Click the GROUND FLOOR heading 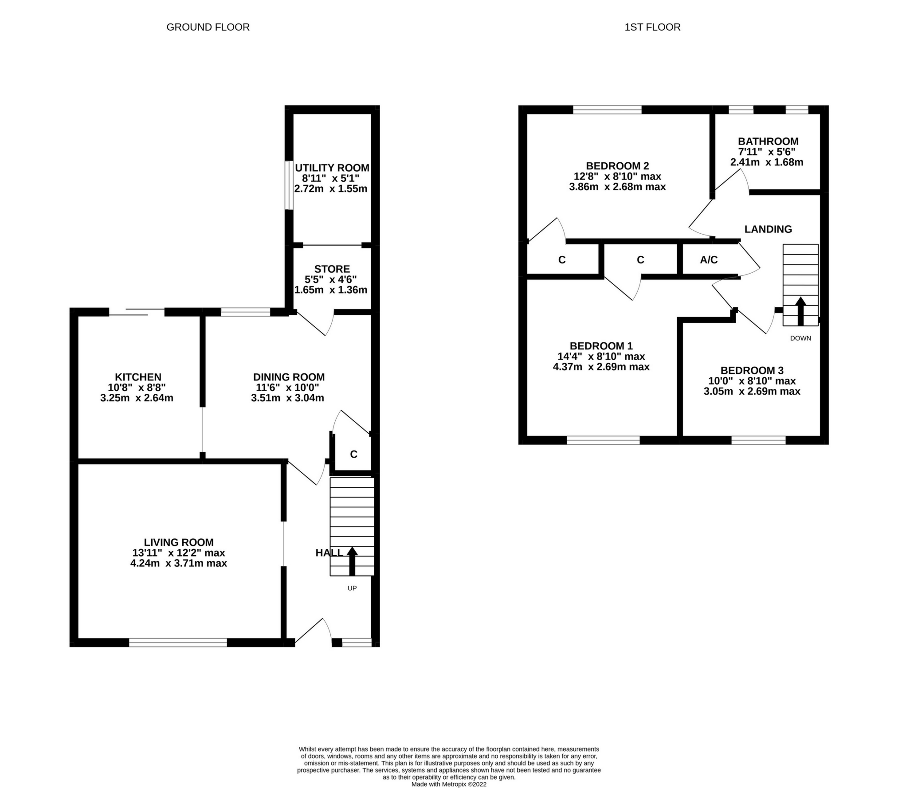(x=208, y=27)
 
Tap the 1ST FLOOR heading (x=652, y=27)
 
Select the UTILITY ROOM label (x=332, y=168)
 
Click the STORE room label (x=332, y=269)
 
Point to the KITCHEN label (x=138, y=377)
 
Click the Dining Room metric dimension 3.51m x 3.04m (x=287, y=398)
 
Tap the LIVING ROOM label (x=179, y=542)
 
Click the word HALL (x=329, y=553)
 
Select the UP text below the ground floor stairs (x=352, y=588)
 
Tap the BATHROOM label (x=768, y=141)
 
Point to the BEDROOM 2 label (x=617, y=166)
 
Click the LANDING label (x=768, y=229)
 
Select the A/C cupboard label (x=708, y=260)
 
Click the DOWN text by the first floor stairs (x=800, y=338)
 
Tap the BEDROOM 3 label (x=752, y=370)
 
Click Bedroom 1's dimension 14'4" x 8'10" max (x=601, y=356)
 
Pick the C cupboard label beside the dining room (x=353, y=454)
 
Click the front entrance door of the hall (x=313, y=632)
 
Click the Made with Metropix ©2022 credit (x=449, y=784)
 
